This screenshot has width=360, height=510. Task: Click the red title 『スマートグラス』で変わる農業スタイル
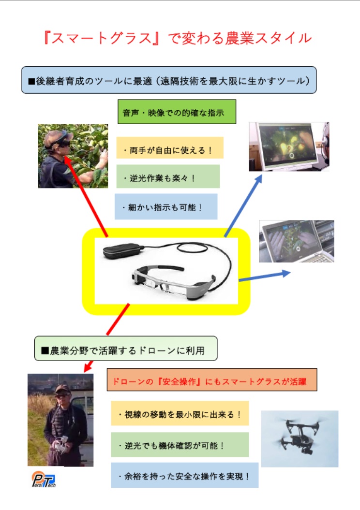(x=178, y=38)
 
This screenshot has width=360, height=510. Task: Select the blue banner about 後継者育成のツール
(x=168, y=80)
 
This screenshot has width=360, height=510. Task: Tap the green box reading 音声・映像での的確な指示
(x=177, y=112)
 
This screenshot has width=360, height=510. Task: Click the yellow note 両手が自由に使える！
(x=170, y=147)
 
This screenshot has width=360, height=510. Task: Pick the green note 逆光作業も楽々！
(x=168, y=176)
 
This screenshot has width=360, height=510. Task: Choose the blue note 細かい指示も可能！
(x=166, y=206)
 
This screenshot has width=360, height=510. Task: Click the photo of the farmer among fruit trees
(x=73, y=156)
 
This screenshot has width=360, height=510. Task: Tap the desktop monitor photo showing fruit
(x=289, y=146)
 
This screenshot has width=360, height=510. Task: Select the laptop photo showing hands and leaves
(x=297, y=241)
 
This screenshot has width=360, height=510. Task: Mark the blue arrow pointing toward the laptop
(x=264, y=276)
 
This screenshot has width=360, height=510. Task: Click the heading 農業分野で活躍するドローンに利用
(x=126, y=349)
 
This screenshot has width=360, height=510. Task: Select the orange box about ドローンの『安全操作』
(x=212, y=379)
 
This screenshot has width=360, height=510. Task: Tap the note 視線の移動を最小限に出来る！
(x=180, y=413)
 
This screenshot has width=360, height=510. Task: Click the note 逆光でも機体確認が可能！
(x=180, y=445)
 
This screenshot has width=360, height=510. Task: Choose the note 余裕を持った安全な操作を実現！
(x=184, y=475)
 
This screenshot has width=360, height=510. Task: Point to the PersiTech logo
(x=44, y=480)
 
